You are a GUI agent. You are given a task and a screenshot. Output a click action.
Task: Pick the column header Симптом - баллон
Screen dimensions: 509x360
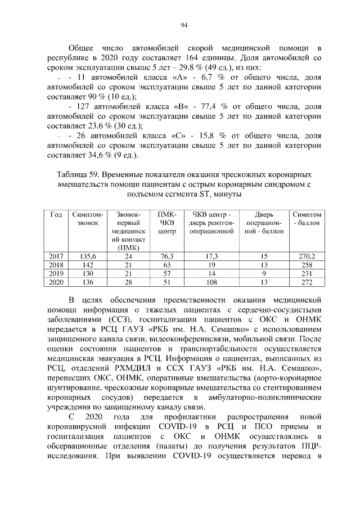click(307, 218)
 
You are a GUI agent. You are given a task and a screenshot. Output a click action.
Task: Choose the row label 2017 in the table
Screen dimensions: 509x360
click(56, 256)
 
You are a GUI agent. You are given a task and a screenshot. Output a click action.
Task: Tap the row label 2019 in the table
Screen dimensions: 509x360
click(56, 273)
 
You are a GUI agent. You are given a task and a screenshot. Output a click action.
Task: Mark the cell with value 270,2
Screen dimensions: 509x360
click(307, 256)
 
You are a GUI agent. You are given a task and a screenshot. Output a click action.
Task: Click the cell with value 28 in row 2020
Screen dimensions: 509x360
click(128, 282)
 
